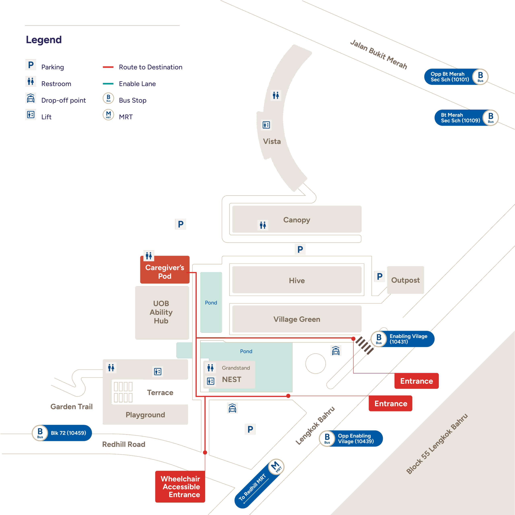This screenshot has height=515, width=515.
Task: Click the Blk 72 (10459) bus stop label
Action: (x=68, y=433)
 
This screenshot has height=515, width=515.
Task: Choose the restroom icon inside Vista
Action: (x=276, y=95)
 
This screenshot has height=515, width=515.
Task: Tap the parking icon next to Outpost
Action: (x=380, y=276)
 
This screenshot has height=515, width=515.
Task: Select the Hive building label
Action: (x=297, y=280)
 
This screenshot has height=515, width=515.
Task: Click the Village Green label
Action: (x=297, y=319)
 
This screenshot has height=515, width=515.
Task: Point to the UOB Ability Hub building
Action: (x=161, y=312)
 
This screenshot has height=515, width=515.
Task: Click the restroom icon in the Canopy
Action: (x=263, y=225)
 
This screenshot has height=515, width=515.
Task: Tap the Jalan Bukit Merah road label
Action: (x=379, y=55)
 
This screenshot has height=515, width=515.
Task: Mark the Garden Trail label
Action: (x=71, y=407)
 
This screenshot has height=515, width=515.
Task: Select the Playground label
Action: (x=145, y=415)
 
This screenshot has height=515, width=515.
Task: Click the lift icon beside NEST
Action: (x=211, y=381)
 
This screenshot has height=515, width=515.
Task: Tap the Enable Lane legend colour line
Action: (x=108, y=84)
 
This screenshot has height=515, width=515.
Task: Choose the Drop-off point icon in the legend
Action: (x=31, y=98)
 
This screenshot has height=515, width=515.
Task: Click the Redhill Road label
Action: (x=124, y=444)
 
